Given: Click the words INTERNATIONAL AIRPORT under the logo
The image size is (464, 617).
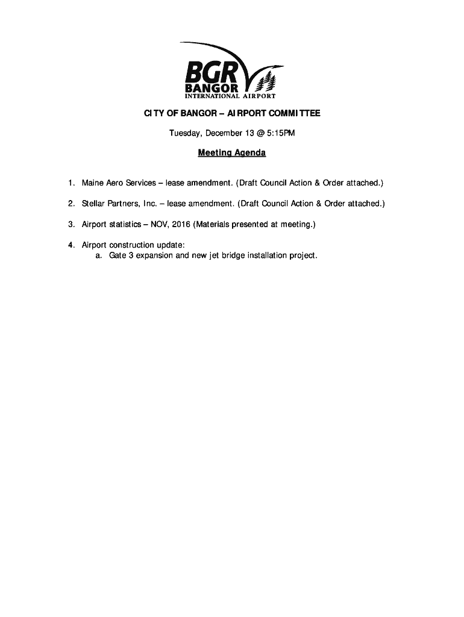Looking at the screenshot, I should [x=230, y=96].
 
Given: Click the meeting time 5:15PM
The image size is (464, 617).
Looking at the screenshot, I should [x=279, y=133].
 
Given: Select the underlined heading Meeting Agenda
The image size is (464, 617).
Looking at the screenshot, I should [x=232, y=153].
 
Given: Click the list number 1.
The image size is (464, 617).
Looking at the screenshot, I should [x=71, y=183].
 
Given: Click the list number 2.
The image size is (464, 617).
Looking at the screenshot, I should [x=71, y=204].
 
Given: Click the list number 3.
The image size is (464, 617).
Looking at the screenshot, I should [x=71, y=225].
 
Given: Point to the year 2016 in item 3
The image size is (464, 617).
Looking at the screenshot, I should [x=181, y=225].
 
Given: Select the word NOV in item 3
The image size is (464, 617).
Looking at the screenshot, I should [x=158, y=225].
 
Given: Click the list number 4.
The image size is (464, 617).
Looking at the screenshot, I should [x=71, y=245].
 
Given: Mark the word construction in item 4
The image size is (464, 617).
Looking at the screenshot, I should [x=133, y=245].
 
